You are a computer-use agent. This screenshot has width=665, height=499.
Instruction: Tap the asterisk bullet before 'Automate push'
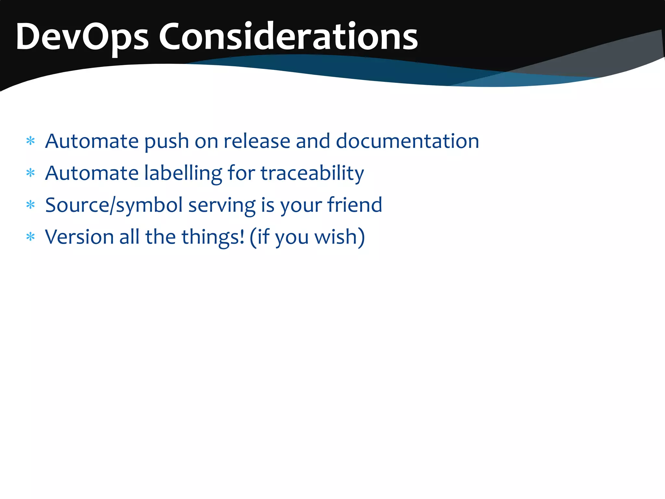click(x=31, y=141)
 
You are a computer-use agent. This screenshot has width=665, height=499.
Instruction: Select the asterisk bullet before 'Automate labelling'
click(x=31, y=173)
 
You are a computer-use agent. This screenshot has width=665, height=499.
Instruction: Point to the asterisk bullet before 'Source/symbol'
click(x=31, y=205)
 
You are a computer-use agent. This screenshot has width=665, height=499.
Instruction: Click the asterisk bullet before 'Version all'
click(x=31, y=237)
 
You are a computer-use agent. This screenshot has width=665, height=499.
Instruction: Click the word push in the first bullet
click(x=166, y=142)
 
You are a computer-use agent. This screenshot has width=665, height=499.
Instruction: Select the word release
click(x=257, y=141)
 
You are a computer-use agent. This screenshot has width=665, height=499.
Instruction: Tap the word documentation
click(x=407, y=141)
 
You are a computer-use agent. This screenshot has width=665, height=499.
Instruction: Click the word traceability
click(x=312, y=173)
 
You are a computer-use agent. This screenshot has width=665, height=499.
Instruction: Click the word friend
click(x=354, y=205)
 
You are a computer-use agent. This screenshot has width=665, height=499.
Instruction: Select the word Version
click(x=79, y=237)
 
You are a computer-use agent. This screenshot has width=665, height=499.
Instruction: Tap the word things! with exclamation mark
click(x=213, y=237)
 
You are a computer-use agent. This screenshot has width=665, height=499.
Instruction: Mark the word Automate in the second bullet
click(x=92, y=173)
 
